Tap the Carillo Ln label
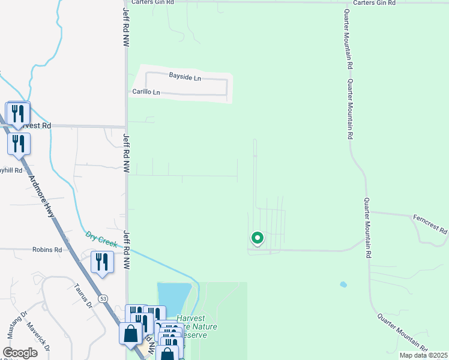pyautogui.click(x=147, y=92)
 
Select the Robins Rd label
pyautogui.click(x=47, y=249)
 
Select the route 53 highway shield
pyautogui.click(x=104, y=298)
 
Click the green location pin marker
pyautogui.click(x=257, y=239)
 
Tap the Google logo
pyautogui.click(x=20, y=352)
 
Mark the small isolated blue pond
pyautogui.click(x=343, y=284)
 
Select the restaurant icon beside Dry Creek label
pyautogui.click(x=101, y=262)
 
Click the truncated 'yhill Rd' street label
pyautogui.click(x=11, y=170)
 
